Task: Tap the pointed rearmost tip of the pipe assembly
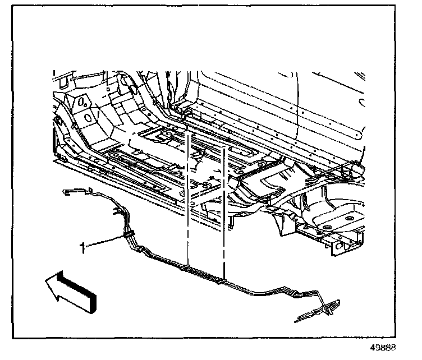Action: click(296, 321)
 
